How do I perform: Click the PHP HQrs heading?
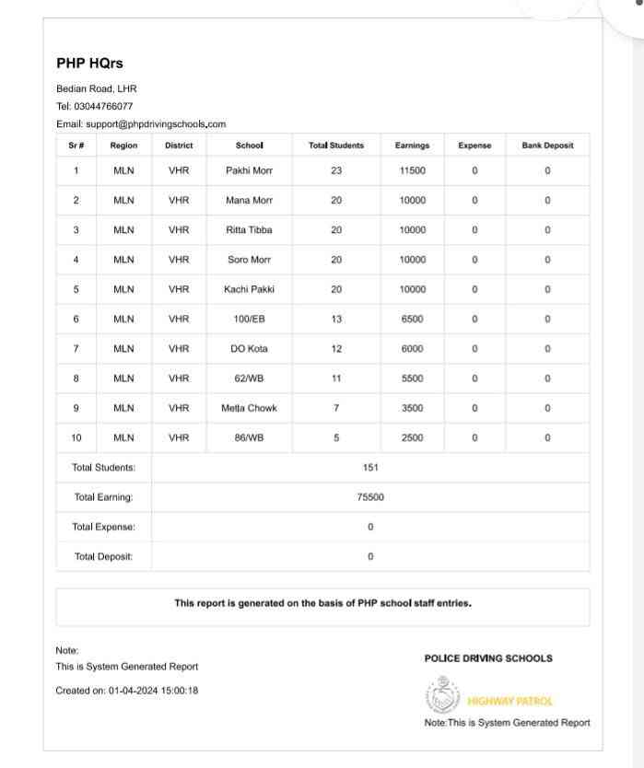coord(89,64)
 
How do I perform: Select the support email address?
coord(156,123)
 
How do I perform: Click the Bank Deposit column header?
coord(547,145)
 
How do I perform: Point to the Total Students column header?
coord(335,145)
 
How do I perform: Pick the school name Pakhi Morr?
coord(249,170)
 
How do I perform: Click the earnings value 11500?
coord(412,170)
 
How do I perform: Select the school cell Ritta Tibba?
coord(249,229)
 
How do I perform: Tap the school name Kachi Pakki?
coord(249,289)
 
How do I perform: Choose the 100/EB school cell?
coord(249,319)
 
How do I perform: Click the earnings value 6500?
coord(412,319)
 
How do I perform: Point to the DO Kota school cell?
coord(249,348)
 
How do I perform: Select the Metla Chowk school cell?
coord(249,408)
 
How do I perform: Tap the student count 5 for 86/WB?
coord(335,437)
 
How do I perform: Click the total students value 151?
coord(370,467)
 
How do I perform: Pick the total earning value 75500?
coord(370,497)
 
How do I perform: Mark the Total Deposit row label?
coord(103,556)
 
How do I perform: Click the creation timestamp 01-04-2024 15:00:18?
coord(154,690)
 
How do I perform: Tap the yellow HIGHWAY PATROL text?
coord(510,701)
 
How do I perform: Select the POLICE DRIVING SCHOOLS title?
coord(488,658)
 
